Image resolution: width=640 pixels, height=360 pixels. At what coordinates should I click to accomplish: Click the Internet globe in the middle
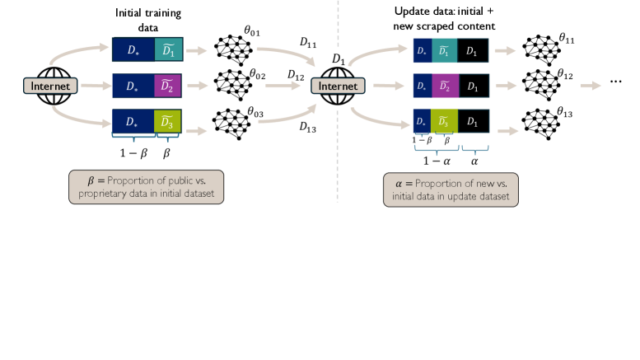339,85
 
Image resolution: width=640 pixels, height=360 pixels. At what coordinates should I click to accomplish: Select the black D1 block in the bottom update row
472,124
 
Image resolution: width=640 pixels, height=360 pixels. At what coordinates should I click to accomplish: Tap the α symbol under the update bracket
474,162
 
